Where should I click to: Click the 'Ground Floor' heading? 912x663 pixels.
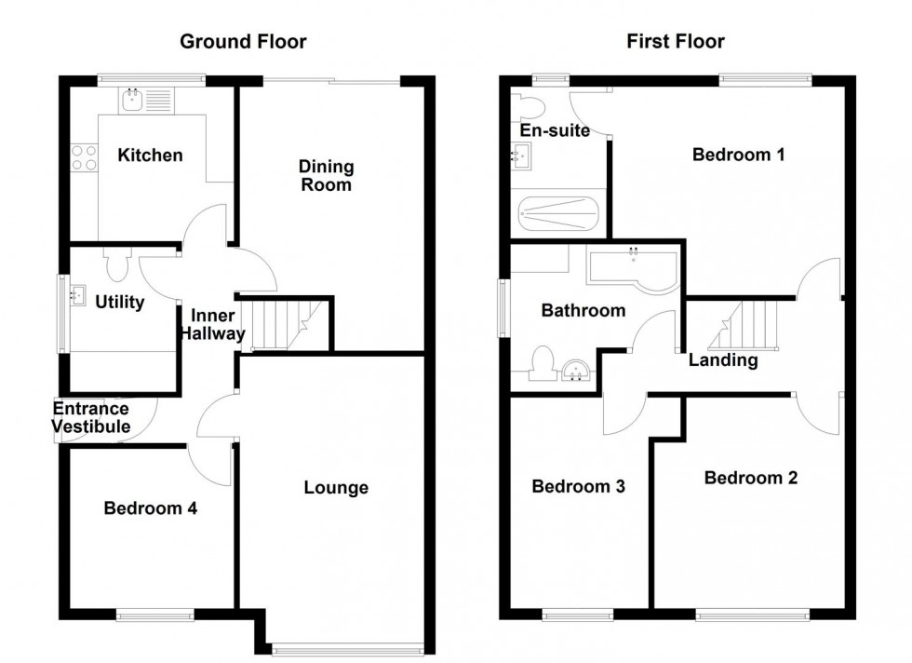[243, 41]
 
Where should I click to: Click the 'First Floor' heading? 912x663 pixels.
[676, 41]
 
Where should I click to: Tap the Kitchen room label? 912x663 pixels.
[150, 156]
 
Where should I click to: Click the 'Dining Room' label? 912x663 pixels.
[326, 176]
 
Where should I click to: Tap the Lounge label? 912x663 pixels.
[336, 487]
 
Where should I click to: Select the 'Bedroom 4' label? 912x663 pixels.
[150, 508]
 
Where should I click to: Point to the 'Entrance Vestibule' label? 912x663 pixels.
[90, 417]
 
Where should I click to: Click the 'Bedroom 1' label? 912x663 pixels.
[738, 155]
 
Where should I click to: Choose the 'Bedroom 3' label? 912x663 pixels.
[577, 486]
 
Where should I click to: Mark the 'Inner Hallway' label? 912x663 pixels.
[213, 324]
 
